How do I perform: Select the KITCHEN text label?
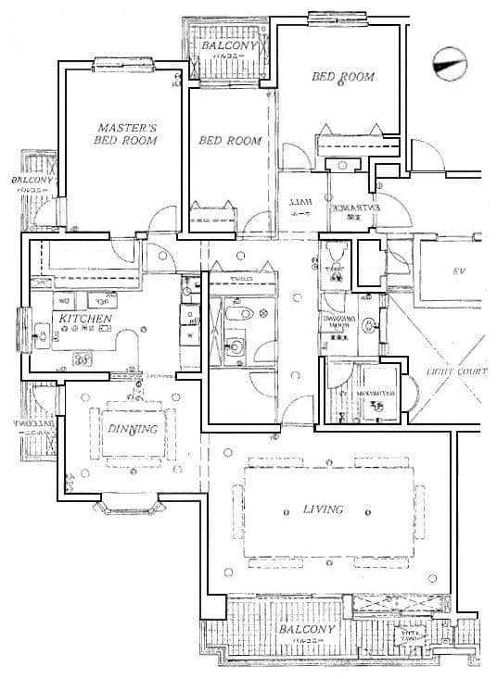[85, 319]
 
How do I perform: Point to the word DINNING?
[130, 429]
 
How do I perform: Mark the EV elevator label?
[456, 272]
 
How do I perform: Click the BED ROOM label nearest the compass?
[342, 77]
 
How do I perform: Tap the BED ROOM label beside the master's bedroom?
[230, 141]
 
